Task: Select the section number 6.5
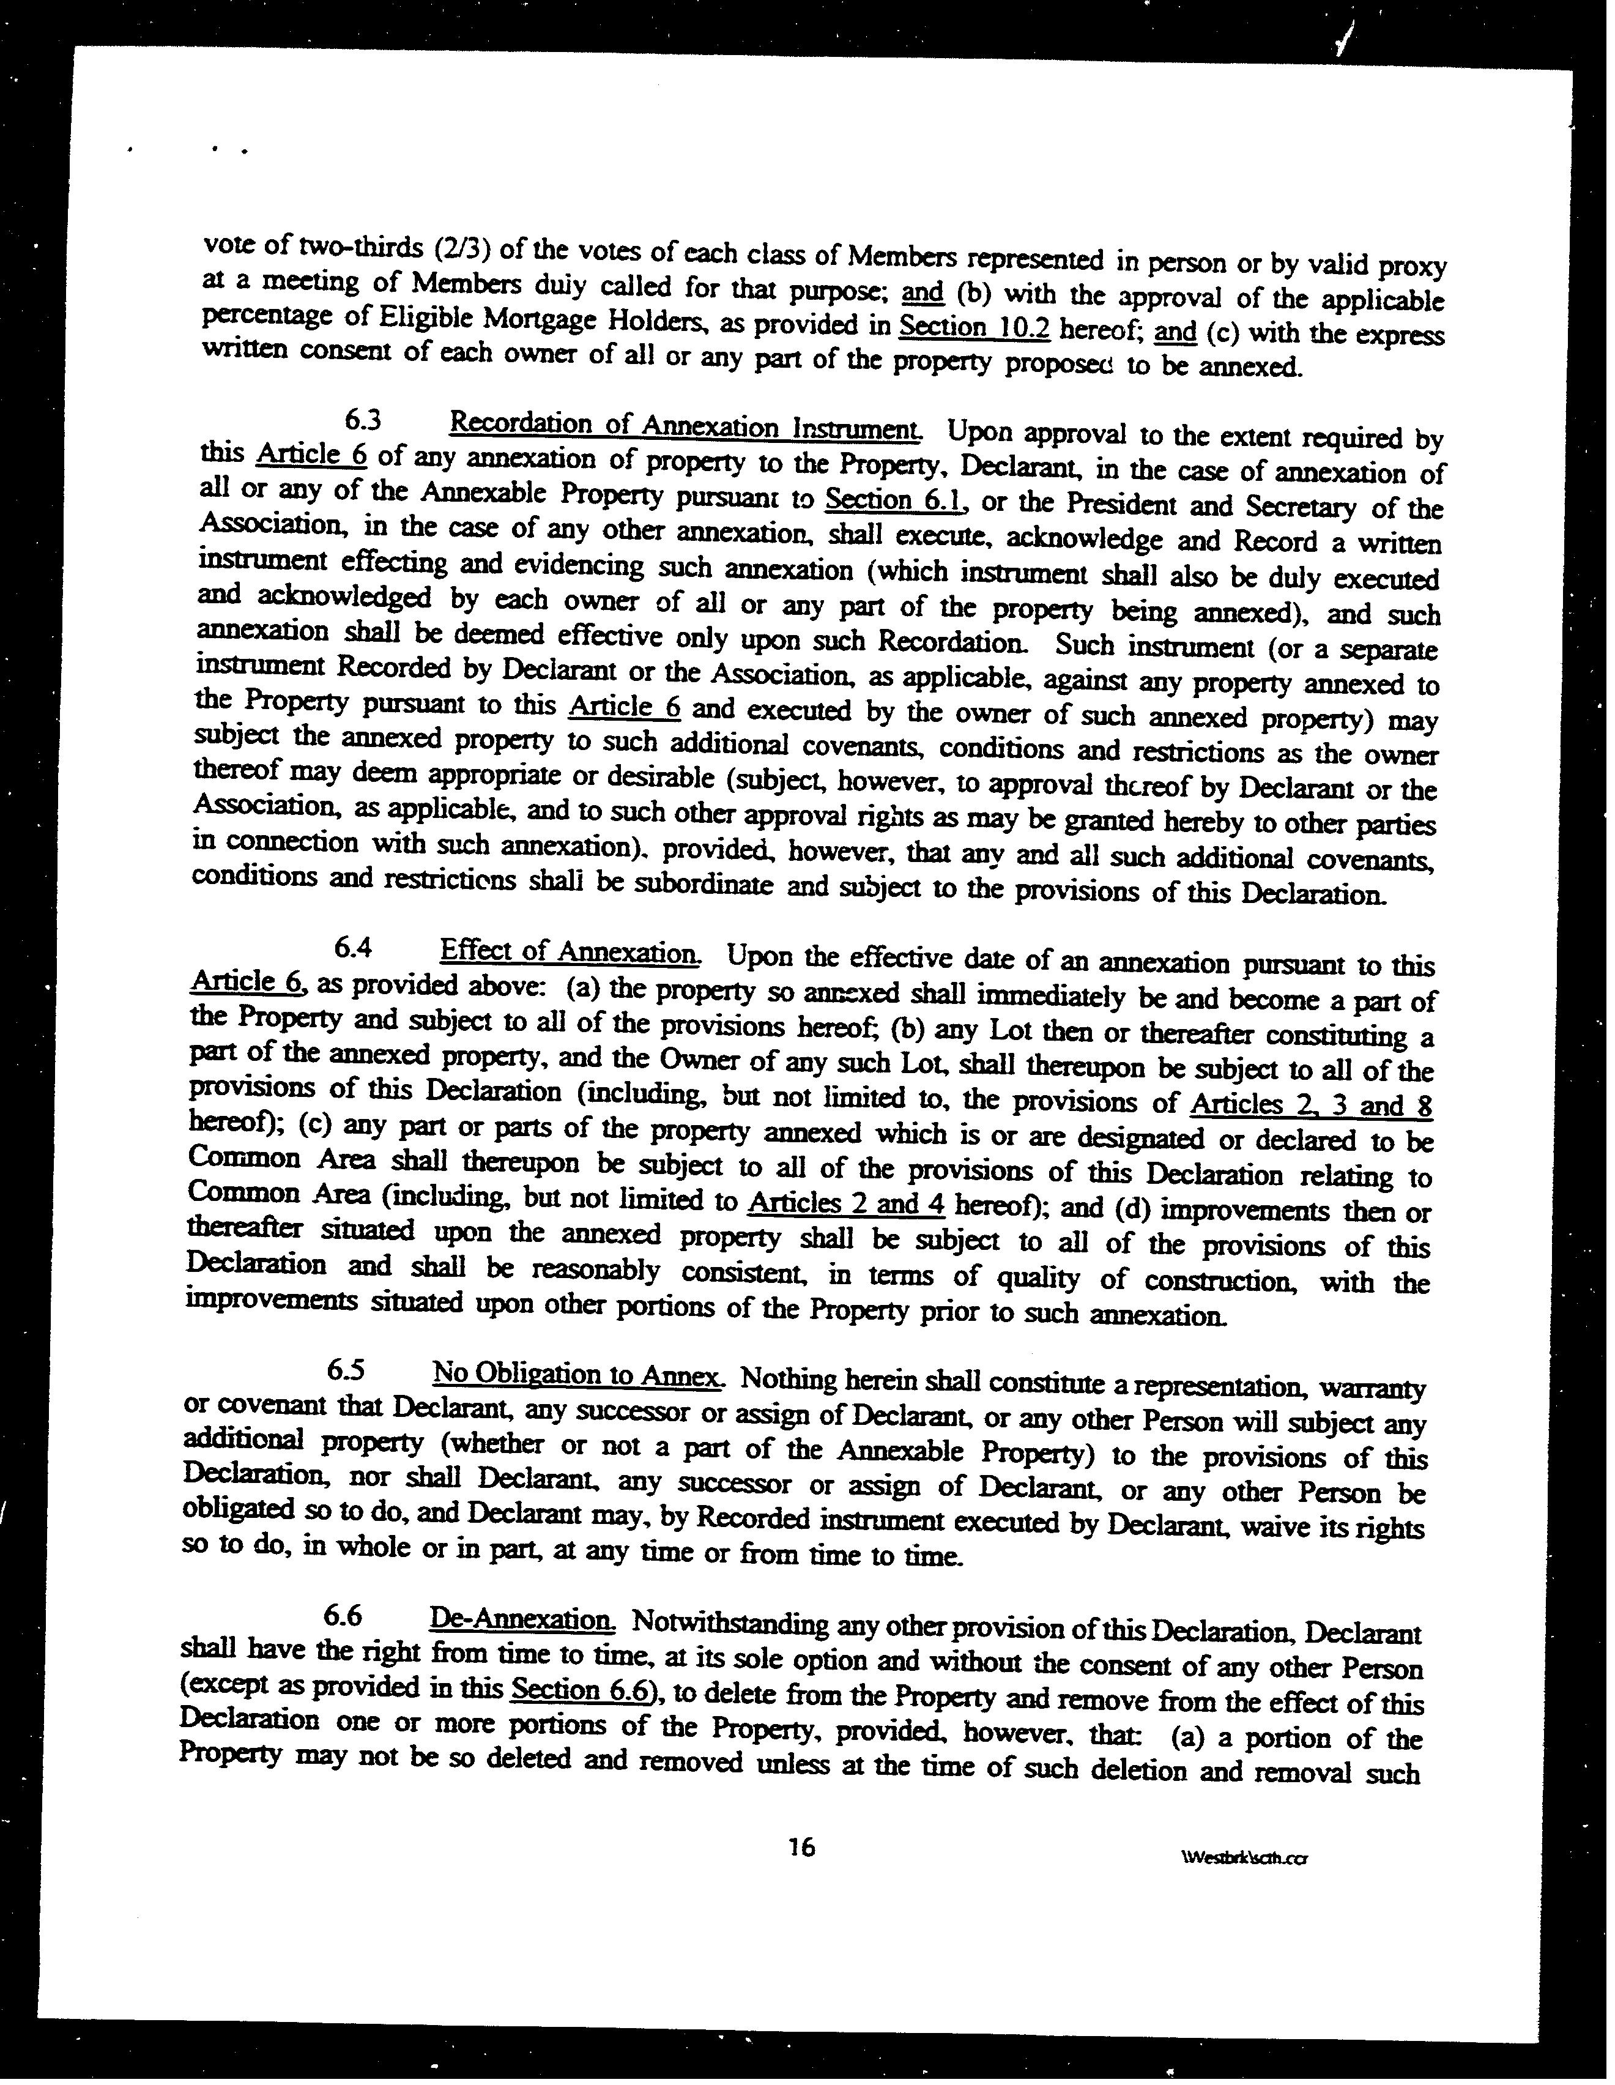coord(346,1370)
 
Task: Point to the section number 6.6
coord(343,1615)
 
